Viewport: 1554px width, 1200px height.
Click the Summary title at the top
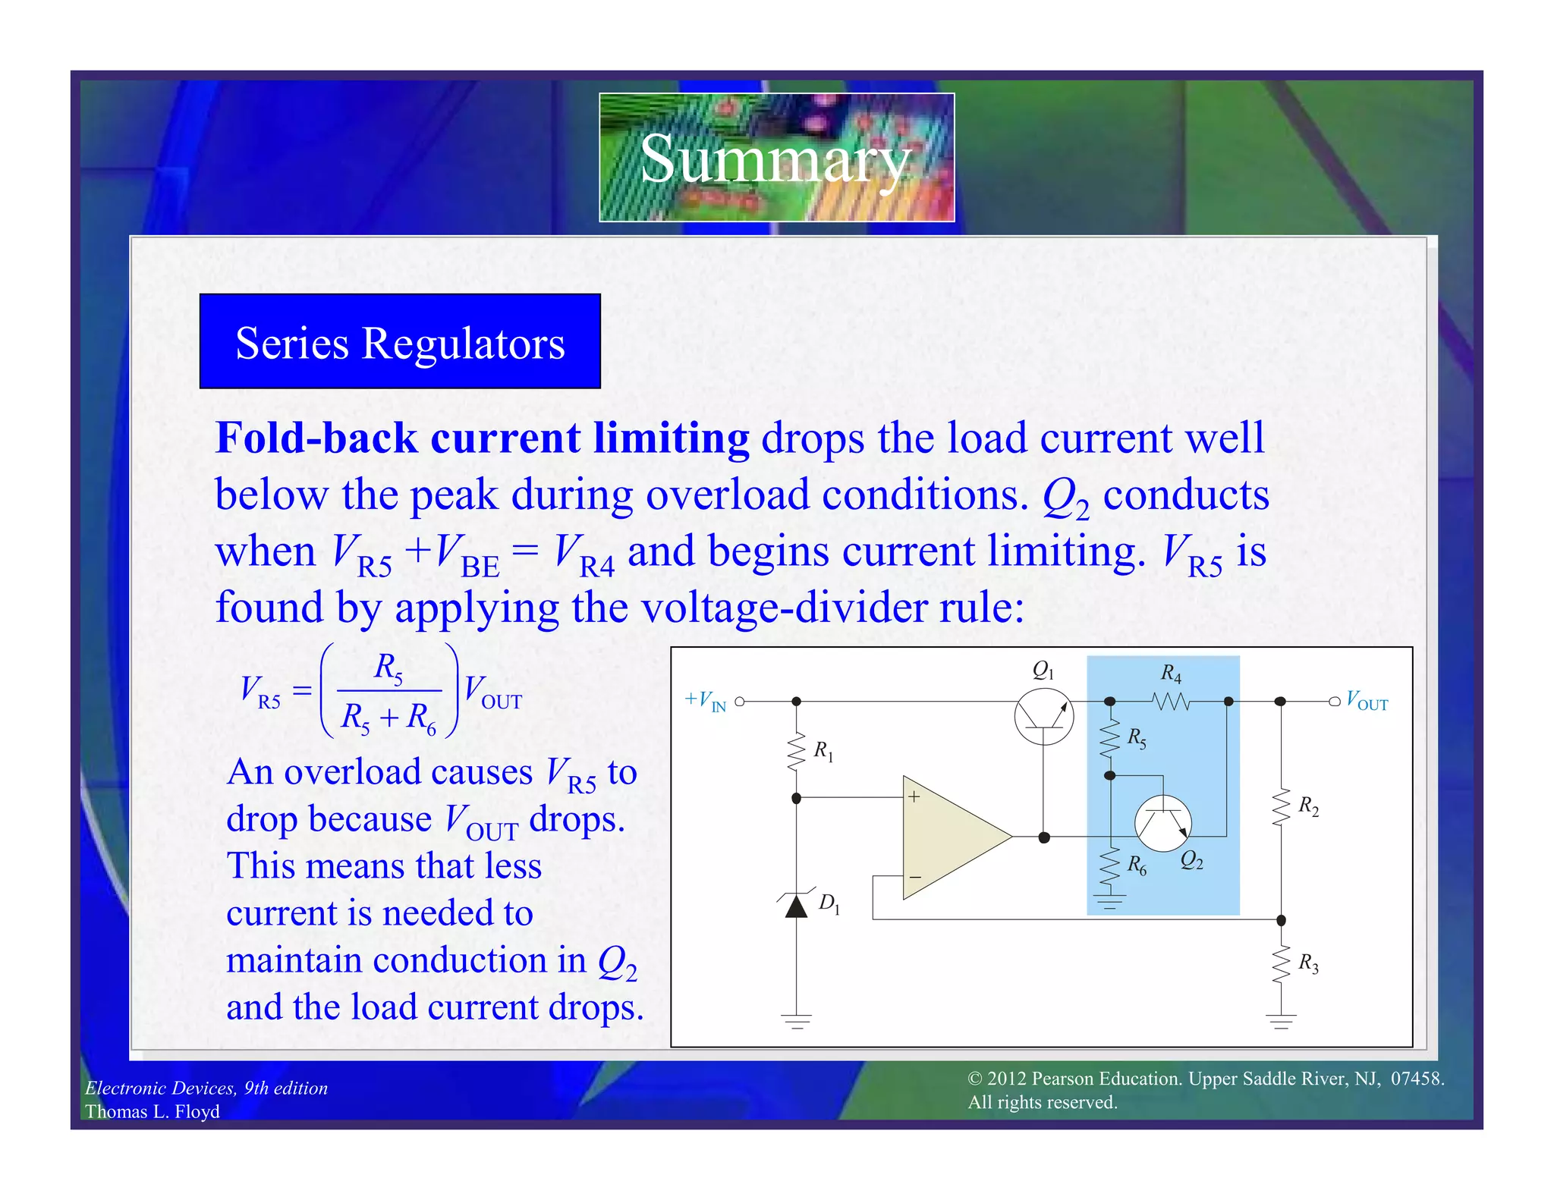pyautogui.click(x=775, y=158)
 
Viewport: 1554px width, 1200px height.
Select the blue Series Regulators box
pyautogui.click(x=400, y=341)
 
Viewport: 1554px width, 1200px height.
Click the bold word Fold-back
pyautogui.click(x=316, y=438)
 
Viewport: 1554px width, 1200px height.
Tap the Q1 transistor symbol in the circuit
pyautogui.click(x=1043, y=716)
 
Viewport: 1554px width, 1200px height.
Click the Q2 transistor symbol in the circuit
pyautogui.click(x=1162, y=823)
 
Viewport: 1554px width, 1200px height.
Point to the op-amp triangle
pyautogui.click(x=948, y=837)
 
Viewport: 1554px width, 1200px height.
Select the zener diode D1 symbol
pyautogui.click(x=796, y=905)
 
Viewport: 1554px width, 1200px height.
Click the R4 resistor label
pyautogui.click(x=1171, y=673)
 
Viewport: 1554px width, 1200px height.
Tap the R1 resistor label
pyautogui.click(x=823, y=751)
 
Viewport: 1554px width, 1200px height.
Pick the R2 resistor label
pyautogui.click(x=1308, y=806)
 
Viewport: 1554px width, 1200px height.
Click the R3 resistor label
pyautogui.click(x=1308, y=963)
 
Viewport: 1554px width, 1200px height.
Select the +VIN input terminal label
pyautogui.click(x=706, y=701)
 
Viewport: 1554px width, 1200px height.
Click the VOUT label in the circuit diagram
pyautogui.click(x=1367, y=701)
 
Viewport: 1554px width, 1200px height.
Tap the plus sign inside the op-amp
pyautogui.click(x=914, y=796)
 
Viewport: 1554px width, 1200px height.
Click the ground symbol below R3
pyautogui.click(x=1281, y=1021)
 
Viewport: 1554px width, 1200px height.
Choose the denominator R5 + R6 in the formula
pyautogui.click(x=388, y=718)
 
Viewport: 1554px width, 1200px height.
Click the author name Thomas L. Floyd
pyautogui.click(x=152, y=1111)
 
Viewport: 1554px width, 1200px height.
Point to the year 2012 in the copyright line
pyautogui.click(x=1006, y=1079)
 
